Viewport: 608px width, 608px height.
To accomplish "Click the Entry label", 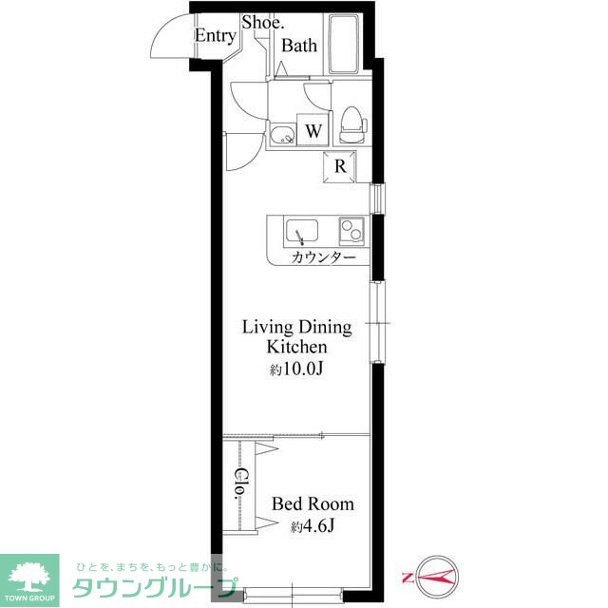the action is pyautogui.click(x=216, y=36).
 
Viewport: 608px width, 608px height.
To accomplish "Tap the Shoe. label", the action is pyautogui.click(x=263, y=22).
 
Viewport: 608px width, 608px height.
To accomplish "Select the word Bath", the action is pyautogui.click(x=299, y=46).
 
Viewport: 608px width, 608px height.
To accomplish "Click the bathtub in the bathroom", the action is pyautogui.click(x=344, y=44).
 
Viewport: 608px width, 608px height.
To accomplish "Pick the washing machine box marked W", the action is pyautogui.click(x=313, y=130).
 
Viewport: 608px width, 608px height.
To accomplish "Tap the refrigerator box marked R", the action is pyautogui.click(x=339, y=167).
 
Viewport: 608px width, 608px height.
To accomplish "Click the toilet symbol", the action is pyautogui.click(x=352, y=124).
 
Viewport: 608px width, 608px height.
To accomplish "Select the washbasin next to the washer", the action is pyautogui.click(x=283, y=135).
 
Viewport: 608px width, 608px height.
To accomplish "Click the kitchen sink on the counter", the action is pyautogui.click(x=302, y=232).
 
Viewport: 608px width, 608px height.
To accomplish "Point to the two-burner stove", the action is pyautogui.click(x=351, y=230).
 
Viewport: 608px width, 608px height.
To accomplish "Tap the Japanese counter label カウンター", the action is pyautogui.click(x=323, y=256).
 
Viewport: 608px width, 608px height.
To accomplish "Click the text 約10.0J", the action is pyautogui.click(x=296, y=370).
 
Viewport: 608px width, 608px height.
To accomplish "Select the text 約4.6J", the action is pyautogui.click(x=313, y=525).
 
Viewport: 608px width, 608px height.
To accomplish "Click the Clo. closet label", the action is pyautogui.click(x=241, y=484).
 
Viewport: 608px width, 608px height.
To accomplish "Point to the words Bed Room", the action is pyautogui.click(x=313, y=503).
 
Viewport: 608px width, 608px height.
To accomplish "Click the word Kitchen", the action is pyautogui.click(x=296, y=347).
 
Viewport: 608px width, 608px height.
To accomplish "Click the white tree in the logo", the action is pyautogui.click(x=29, y=577).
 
